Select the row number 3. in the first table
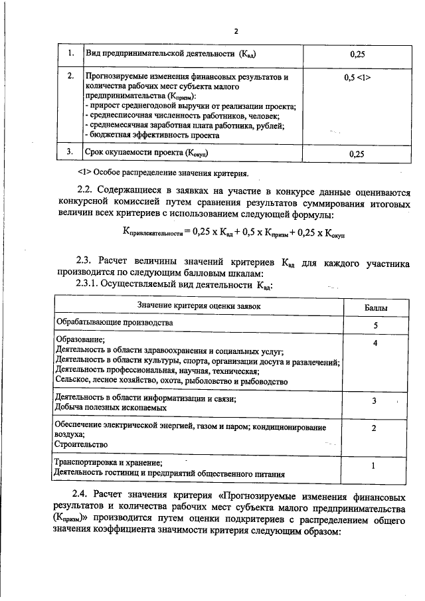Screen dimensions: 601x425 69,153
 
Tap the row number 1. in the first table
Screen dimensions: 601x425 69,53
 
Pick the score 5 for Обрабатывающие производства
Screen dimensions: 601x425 376,326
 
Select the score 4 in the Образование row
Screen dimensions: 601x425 376,343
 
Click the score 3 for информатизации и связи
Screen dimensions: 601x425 375,401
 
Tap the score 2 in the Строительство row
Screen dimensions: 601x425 375,428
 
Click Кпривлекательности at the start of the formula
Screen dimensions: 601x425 152,234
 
